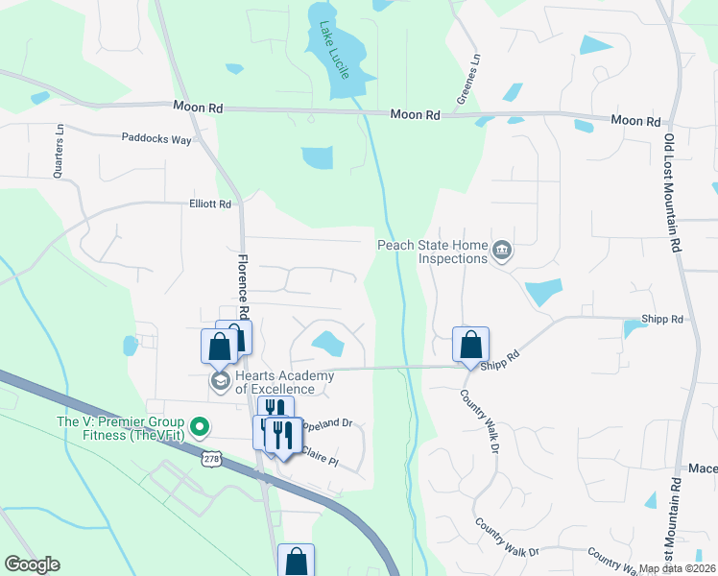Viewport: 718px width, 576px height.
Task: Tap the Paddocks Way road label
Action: coord(156,138)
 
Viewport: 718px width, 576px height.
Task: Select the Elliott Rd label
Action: coord(210,204)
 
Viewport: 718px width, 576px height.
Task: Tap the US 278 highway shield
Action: coord(211,460)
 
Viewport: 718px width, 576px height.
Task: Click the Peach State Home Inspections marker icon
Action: coord(502,252)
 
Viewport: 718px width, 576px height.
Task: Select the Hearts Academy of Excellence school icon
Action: coord(220,382)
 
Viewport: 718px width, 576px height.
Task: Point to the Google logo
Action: coord(32,564)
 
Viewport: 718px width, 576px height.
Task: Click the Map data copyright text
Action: coord(678,568)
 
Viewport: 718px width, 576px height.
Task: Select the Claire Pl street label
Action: coord(321,456)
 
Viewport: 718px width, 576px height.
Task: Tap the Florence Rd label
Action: coord(244,286)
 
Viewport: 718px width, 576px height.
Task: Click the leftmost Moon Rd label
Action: coord(198,108)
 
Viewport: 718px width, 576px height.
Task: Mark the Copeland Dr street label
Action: coord(326,422)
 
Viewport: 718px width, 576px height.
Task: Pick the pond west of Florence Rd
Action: coord(131,346)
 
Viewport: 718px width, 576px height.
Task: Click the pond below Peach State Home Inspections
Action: coord(543,292)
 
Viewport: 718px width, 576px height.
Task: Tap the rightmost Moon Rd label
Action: coord(636,121)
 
